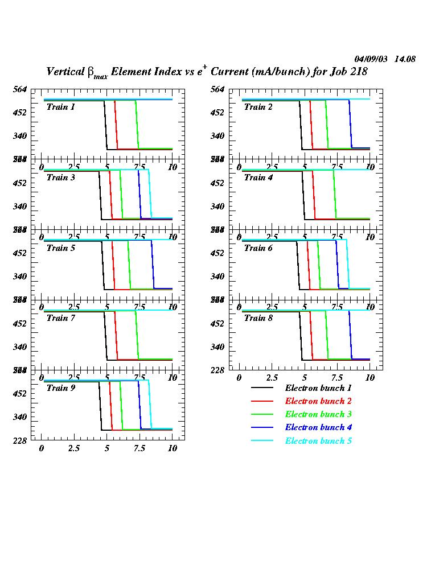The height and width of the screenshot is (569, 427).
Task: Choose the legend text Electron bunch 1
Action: tap(314, 388)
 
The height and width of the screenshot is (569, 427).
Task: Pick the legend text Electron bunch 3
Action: tap(314, 414)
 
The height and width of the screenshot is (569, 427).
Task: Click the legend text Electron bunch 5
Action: tap(314, 440)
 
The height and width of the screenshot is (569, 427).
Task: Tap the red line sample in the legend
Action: tap(262, 401)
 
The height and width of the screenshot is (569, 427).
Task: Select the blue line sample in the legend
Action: tap(262, 427)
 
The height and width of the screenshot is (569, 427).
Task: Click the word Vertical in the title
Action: tap(64, 72)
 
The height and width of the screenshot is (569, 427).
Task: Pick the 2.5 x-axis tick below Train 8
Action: tap(272, 378)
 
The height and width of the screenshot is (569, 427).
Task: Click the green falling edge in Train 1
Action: tap(137, 125)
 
